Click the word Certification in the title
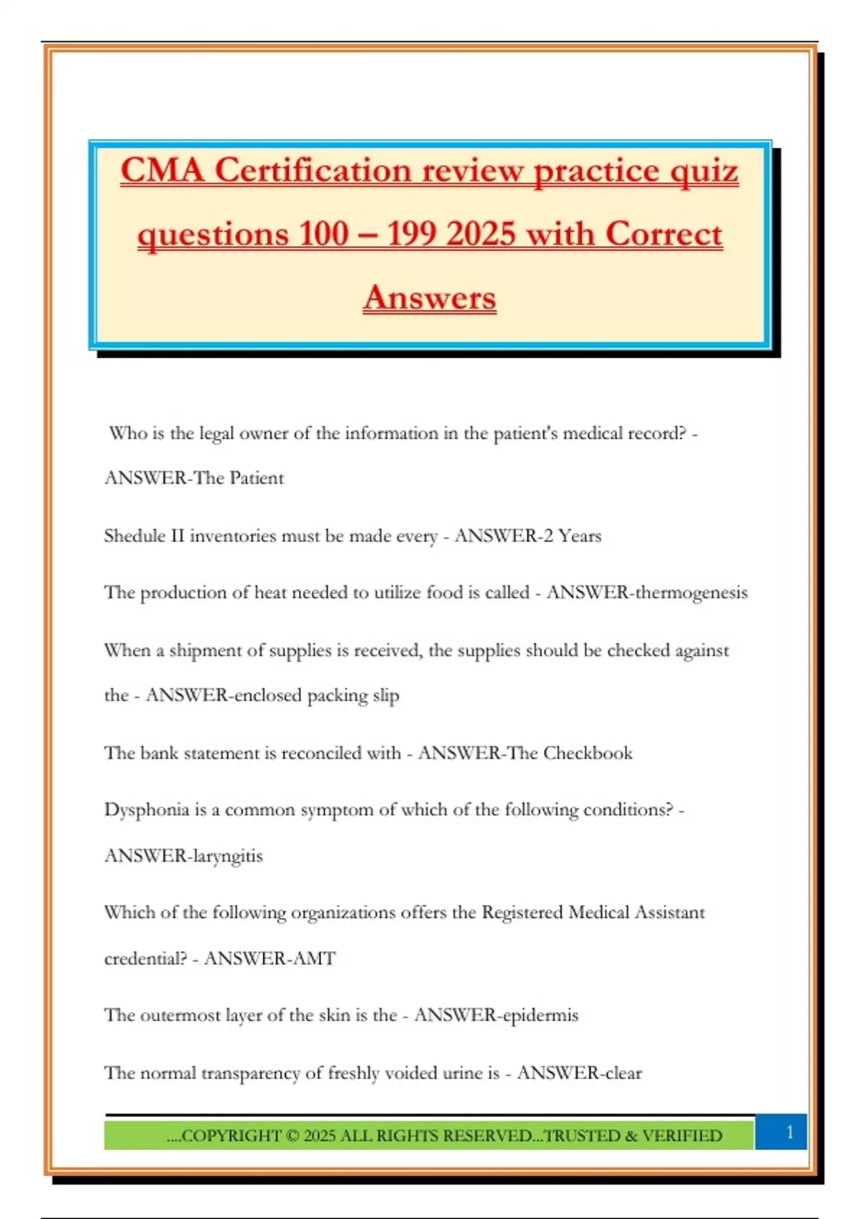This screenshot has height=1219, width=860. [x=313, y=171]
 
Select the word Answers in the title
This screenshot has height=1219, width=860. [x=429, y=298]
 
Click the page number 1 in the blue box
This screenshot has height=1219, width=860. [x=789, y=1132]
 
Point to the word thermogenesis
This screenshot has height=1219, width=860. [x=687, y=592]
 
